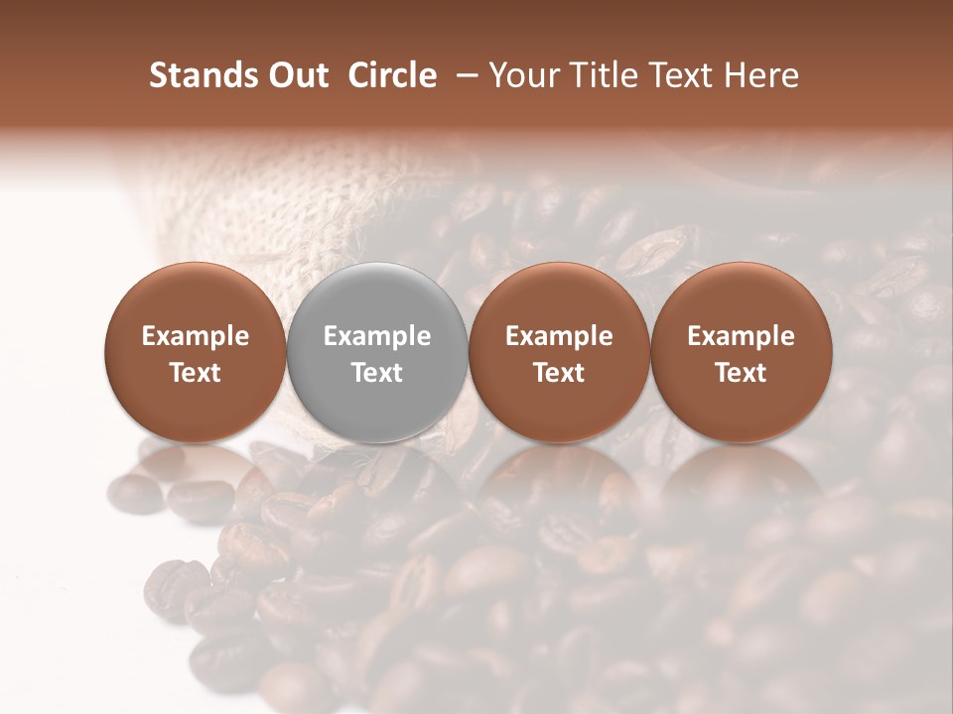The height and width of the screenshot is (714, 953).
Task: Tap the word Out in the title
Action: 294,75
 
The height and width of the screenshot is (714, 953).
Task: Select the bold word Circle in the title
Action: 396,75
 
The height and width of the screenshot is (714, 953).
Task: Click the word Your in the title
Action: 522,75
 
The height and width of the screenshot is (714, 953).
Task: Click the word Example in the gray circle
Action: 377,336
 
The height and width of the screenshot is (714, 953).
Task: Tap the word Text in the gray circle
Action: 377,373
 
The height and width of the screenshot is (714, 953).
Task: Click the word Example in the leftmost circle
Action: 196,336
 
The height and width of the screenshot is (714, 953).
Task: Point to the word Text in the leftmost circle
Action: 196,373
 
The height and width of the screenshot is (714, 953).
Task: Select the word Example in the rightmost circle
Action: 742,336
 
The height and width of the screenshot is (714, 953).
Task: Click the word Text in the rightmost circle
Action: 742,373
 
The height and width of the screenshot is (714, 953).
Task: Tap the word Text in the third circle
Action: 559,373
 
